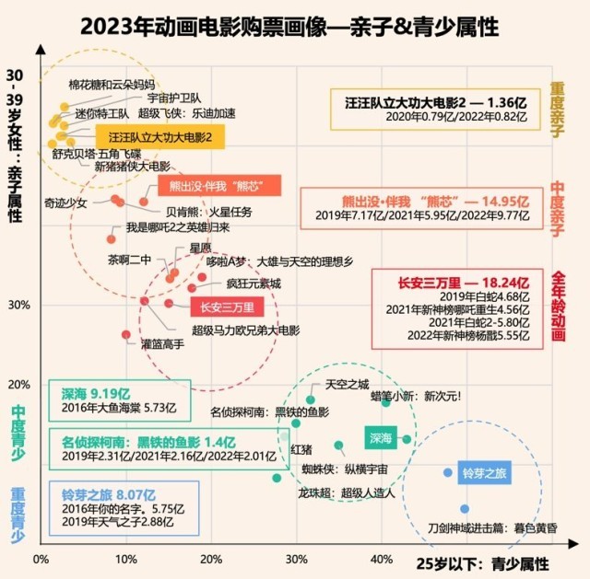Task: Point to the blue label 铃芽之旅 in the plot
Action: point(485,473)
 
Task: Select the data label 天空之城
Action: point(347,384)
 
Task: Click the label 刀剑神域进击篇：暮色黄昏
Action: point(492,528)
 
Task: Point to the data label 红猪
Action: point(301,448)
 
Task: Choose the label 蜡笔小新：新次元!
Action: point(416,397)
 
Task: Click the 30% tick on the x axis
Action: point(296,559)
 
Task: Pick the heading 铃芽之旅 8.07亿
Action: point(102,493)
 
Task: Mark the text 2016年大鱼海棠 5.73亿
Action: point(112,406)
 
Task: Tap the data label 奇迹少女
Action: point(65,203)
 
